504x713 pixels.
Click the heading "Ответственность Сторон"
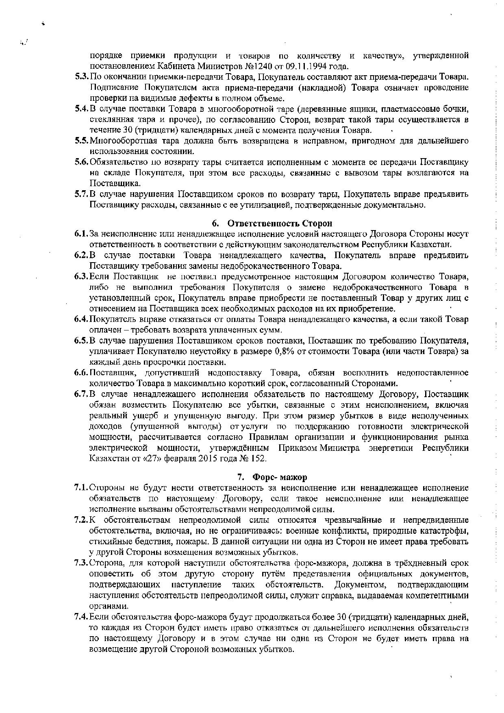point(279,223)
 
